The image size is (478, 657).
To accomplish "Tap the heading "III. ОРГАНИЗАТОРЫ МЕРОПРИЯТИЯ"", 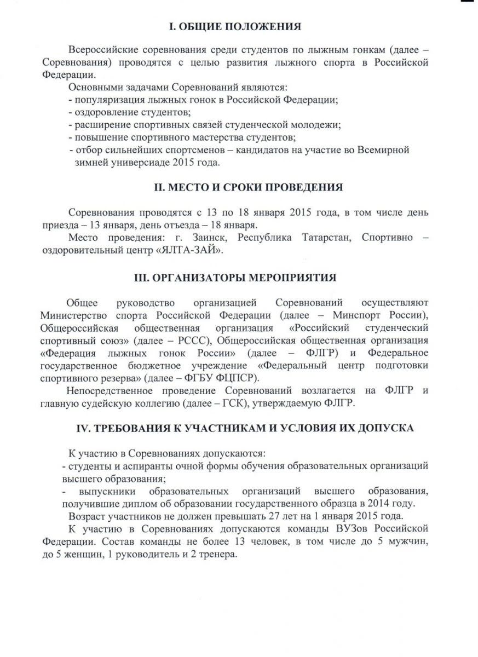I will point(243,278).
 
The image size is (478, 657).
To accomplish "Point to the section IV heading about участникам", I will point(244,428).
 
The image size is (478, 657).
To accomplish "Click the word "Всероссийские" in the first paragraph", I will point(101,50).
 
